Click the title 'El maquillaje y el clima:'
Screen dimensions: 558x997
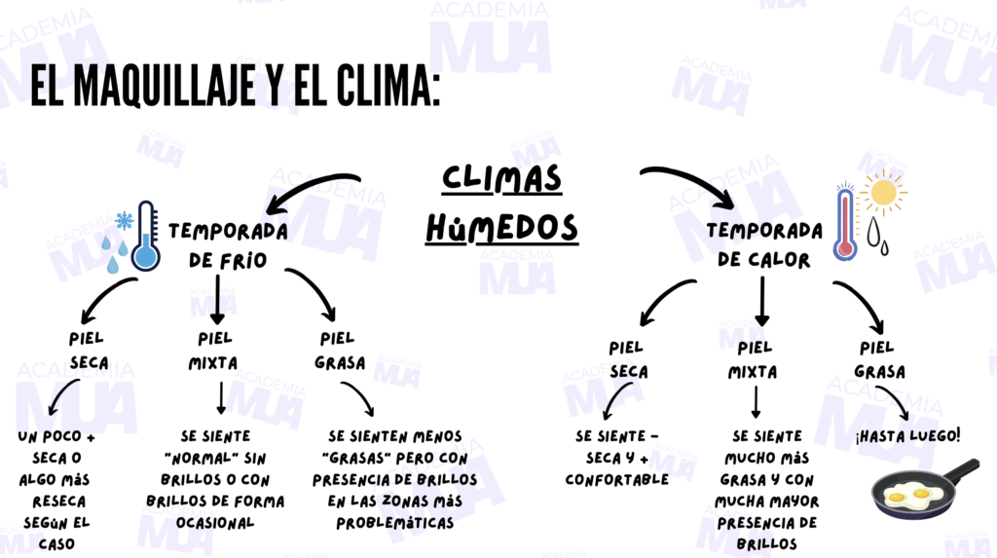[x=235, y=87]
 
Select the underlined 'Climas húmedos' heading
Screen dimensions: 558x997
[x=502, y=203]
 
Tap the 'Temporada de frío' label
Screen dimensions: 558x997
[x=228, y=245]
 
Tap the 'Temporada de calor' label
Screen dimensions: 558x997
[x=764, y=245]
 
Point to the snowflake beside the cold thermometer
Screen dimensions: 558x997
[x=125, y=220]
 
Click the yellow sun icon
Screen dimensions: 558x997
[x=883, y=192]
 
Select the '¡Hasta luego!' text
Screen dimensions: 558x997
[x=907, y=434]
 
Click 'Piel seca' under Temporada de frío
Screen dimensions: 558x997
[x=89, y=351]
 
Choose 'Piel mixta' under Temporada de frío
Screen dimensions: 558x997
[x=215, y=351]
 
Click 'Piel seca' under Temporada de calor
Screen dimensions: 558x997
[x=628, y=359]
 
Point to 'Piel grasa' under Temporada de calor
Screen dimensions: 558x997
[x=879, y=359]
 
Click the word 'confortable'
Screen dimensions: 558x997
[x=616, y=479]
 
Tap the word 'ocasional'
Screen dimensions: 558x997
[x=215, y=522]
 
